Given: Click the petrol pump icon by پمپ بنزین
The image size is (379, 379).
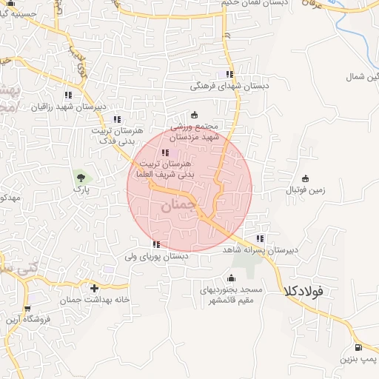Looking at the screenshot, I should tap(358, 347).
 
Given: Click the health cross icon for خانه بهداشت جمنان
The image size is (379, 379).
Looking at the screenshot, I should tap(94, 287).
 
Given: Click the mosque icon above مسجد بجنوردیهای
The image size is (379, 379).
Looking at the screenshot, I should tap(232, 279).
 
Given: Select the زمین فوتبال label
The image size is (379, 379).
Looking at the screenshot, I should tap(306, 190).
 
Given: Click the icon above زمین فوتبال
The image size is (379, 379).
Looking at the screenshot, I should tap(306, 178).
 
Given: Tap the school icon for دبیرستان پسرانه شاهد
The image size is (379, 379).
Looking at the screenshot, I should tap(260, 238).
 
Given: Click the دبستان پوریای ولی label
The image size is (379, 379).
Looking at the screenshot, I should tap(156, 256).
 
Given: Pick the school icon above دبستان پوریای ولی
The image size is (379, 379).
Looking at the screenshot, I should tap(156, 244).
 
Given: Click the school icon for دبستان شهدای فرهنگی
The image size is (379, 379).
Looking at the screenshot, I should tap(229, 74).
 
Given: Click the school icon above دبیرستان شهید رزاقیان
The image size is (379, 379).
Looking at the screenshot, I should tap(68, 95).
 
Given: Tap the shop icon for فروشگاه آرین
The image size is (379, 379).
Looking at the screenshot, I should tap(27, 309).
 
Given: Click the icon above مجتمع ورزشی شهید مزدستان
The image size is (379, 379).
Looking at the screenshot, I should tap(195, 114).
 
